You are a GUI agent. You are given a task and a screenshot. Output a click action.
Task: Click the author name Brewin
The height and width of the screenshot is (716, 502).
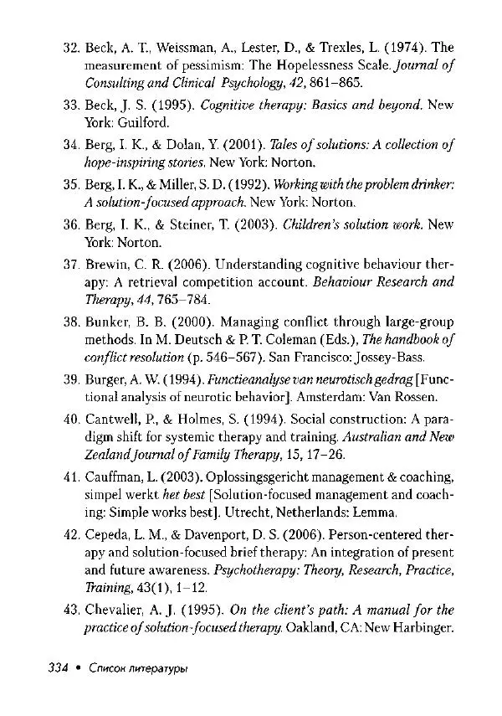click(105, 265)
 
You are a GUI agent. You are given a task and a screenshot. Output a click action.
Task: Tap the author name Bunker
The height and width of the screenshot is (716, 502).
click(105, 322)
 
